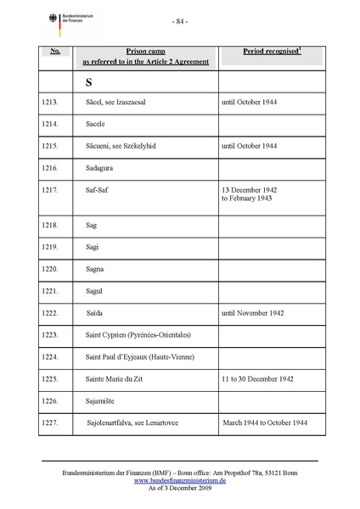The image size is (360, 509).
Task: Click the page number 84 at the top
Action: pos(179,20)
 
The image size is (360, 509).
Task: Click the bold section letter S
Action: pos(89,83)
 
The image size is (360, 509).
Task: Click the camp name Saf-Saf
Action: pos(98,190)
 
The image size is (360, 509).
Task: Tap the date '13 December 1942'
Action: pos(249,189)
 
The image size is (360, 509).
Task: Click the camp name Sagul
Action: pos(98,291)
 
